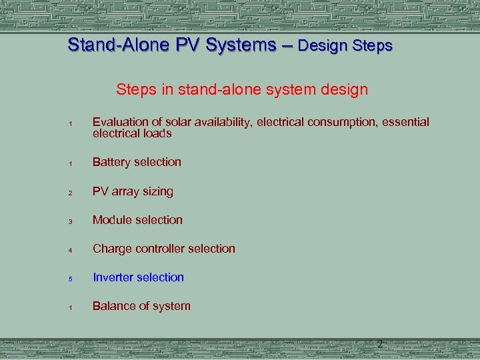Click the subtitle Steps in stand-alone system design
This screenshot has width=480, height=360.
(x=241, y=89)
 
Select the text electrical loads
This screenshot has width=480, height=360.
(x=132, y=133)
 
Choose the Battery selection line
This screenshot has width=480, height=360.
(x=137, y=162)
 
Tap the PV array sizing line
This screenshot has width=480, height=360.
(x=133, y=192)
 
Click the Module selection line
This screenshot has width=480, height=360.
(x=137, y=220)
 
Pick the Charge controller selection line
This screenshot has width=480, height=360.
(x=163, y=249)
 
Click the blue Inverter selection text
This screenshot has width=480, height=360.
(x=138, y=277)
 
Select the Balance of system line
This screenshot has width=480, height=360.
(x=141, y=307)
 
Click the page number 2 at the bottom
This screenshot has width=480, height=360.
(x=379, y=344)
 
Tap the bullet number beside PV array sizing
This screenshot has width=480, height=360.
(x=69, y=193)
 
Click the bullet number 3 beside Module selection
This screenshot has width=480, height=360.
(x=69, y=222)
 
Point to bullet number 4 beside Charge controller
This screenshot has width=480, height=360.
(x=69, y=251)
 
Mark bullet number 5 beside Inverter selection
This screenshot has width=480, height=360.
(x=69, y=279)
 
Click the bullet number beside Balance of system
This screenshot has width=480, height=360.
(x=69, y=308)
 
